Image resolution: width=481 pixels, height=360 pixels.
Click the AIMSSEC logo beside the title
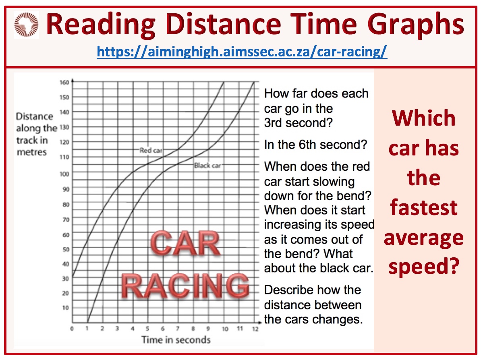click(26, 25)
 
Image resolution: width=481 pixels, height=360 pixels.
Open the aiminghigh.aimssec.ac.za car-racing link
click(242, 52)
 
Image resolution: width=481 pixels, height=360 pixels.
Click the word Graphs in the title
click(416, 25)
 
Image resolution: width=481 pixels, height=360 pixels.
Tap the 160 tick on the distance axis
click(64, 83)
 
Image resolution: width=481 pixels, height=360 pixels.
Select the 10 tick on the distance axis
click(66, 308)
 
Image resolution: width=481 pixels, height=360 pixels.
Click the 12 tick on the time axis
click(255, 329)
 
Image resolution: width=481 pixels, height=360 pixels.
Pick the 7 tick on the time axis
click(178, 329)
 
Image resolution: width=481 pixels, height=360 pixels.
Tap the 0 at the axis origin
click(72, 329)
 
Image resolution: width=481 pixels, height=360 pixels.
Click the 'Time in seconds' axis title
click(176, 340)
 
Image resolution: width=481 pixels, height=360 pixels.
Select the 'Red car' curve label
click(151, 150)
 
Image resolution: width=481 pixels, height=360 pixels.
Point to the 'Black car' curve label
click(208, 166)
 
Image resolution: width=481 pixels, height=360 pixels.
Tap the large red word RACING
click(185, 286)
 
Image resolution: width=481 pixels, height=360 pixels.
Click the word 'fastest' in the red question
click(424, 208)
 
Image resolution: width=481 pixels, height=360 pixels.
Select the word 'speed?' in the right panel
click(424, 267)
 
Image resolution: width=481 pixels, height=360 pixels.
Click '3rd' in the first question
click(273, 123)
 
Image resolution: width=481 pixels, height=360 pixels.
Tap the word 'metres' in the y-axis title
click(31, 152)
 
